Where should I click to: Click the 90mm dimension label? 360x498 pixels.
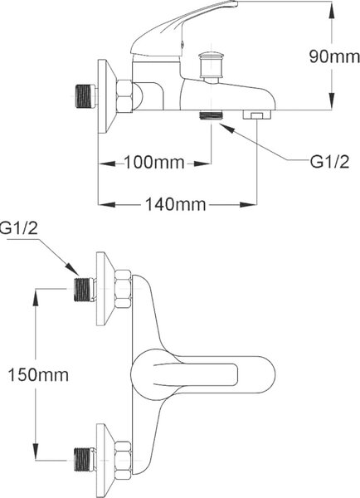click(x=334, y=56)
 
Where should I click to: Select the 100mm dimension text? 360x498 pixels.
click(x=153, y=163)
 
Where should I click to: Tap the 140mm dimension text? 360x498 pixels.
click(x=175, y=204)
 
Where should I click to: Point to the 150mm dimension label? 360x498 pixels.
click(x=38, y=375)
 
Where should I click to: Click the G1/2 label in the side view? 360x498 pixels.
click(x=329, y=162)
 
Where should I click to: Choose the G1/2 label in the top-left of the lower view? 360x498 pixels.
click(x=19, y=228)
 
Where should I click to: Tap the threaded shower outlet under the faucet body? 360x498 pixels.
click(x=212, y=115)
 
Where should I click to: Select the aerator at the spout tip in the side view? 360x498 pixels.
click(x=257, y=115)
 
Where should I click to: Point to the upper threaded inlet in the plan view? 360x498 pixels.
click(x=84, y=290)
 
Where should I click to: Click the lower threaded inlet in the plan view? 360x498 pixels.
click(x=84, y=460)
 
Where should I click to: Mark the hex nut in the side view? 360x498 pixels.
click(x=124, y=96)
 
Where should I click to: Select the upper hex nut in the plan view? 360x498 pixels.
click(x=123, y=289)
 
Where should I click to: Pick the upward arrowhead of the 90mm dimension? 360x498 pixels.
click(x=332, y=11)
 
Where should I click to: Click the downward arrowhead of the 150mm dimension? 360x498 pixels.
click(x=36, y=451)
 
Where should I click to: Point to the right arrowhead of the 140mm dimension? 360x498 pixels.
click(x=248, y=204)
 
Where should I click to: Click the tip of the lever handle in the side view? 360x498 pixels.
click(x=236, y=2)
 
